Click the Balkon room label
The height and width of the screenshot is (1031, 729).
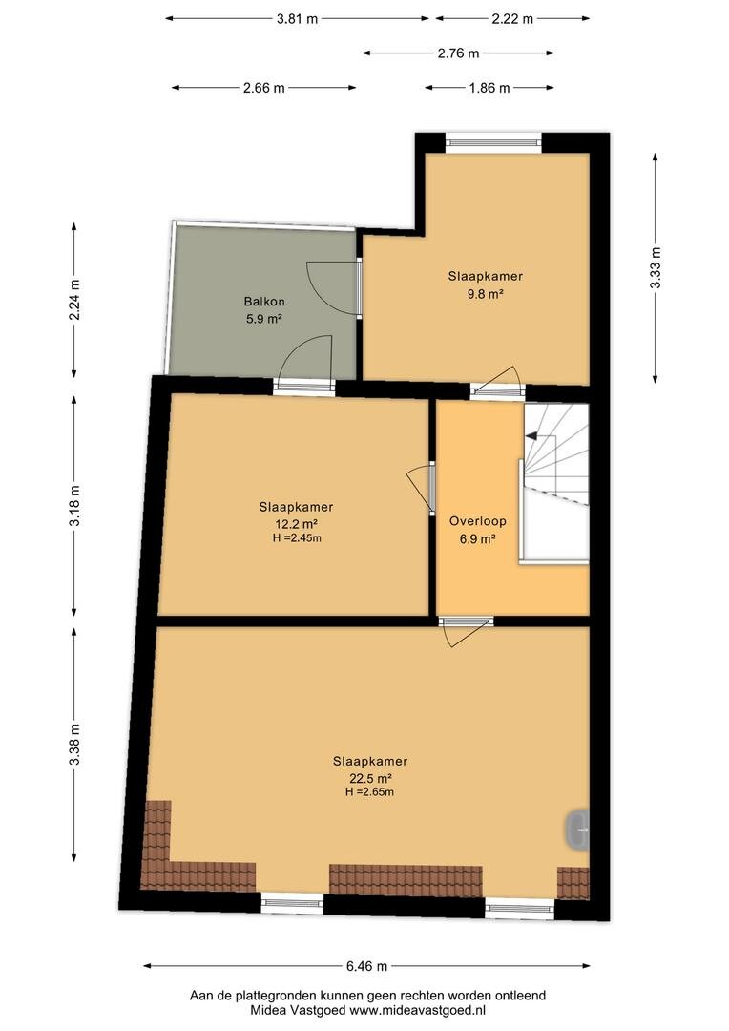[264, 302]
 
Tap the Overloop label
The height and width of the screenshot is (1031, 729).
[478, 521]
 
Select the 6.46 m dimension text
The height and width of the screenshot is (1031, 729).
[366, 966]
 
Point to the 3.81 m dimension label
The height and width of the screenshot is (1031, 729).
[297, 18]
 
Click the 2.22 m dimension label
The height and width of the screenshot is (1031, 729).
[512, 18]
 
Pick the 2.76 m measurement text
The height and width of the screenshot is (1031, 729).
[459, 53]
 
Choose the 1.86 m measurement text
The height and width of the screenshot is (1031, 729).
[489, 88]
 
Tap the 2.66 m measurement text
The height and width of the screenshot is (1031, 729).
[264, 88]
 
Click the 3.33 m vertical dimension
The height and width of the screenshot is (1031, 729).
[655, 267]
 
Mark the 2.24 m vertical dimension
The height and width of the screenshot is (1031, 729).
[74, 300]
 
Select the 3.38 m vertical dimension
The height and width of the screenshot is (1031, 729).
[74, 744]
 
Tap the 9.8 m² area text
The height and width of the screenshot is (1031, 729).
[485, 294]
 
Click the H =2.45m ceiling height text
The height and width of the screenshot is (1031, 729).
[297, 538]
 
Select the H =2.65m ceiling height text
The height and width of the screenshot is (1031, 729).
[370, 792]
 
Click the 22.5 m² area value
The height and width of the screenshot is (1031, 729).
[370, 779]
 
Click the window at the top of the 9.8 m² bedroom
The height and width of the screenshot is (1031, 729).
[493, 140]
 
